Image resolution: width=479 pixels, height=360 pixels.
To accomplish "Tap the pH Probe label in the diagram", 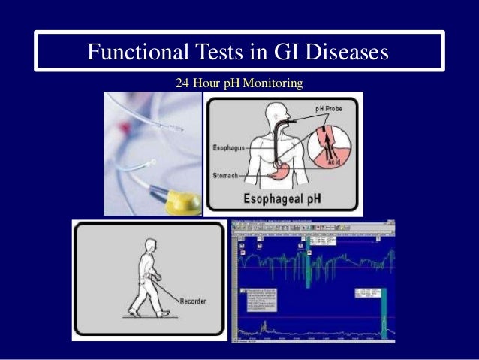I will coord(328,110).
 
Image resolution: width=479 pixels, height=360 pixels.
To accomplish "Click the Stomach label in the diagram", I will coord(226,175).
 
